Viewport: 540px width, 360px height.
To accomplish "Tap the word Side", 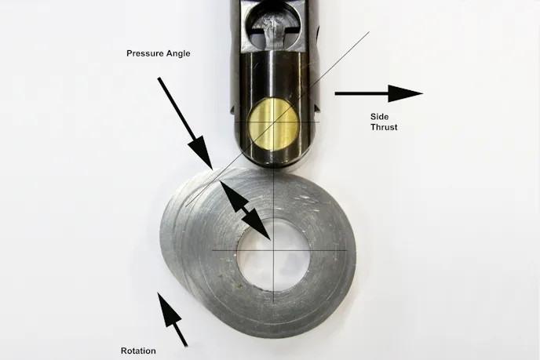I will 378,117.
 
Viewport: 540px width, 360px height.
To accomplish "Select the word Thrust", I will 384,126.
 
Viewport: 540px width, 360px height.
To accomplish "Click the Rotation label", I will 138,351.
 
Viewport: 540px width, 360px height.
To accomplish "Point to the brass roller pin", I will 271,123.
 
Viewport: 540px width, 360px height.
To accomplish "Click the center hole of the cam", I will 270,252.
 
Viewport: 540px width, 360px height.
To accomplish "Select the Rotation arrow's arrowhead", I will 163,303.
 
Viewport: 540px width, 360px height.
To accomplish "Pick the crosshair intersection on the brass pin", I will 272,123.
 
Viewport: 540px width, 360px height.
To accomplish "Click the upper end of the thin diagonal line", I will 369,34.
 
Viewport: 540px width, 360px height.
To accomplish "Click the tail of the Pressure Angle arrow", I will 159,78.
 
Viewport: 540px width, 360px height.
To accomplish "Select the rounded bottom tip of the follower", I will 272,165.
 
